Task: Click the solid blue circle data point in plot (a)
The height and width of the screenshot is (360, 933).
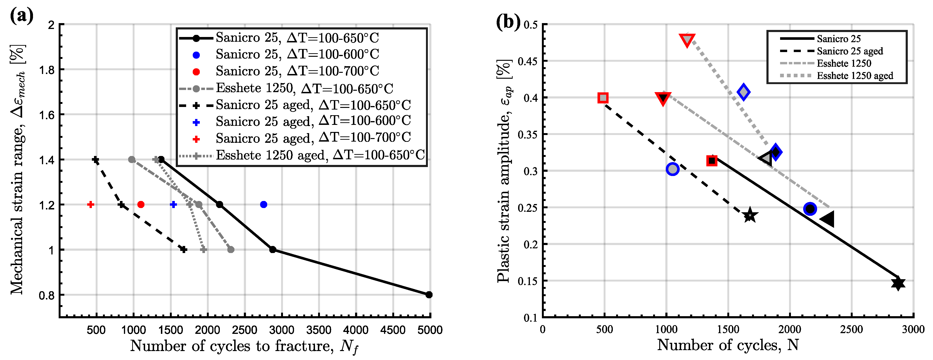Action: coord(263,205)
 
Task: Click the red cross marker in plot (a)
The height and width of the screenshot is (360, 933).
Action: coord(90,205)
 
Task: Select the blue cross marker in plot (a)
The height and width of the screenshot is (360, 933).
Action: coord(173,205)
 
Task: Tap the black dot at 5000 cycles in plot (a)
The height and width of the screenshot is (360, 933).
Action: coord(429,295)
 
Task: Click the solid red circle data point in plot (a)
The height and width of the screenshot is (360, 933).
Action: coord(141,205)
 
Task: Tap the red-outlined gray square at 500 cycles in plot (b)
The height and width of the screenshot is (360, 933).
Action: coord(603,98)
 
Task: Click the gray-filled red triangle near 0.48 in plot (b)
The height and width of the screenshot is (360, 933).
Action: coord(687,40)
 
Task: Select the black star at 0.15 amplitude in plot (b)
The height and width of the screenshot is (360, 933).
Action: coord(898,283)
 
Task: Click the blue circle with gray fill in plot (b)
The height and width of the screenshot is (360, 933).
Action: coord(672,169)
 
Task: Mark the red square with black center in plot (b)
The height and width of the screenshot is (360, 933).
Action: coord(712,161)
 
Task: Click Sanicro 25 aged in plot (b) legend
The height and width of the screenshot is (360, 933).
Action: coord(849,51)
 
